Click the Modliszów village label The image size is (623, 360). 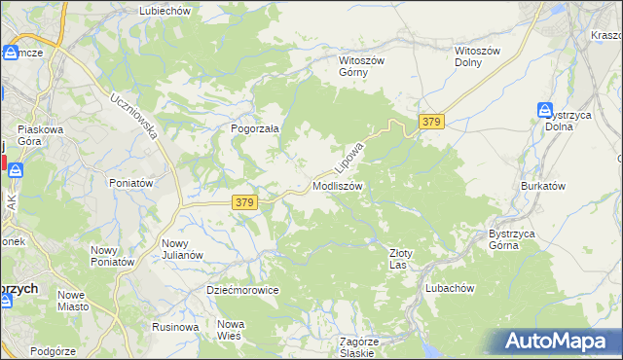pyautogui.click(x=338, y=185)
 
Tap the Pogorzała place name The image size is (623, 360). pyautogui.click(x=255, y=127)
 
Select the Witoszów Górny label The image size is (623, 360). pyautogui.click(x=361, y=65)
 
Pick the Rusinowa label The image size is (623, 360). pyautogui.click(x=176, y=327)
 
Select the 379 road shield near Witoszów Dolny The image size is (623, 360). pyautogui.click(x=432, y=122)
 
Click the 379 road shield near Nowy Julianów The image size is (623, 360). pyautogui.click(x=244, y=202)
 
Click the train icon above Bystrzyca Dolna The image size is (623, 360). pyautogui.click(x=545, y=111)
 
